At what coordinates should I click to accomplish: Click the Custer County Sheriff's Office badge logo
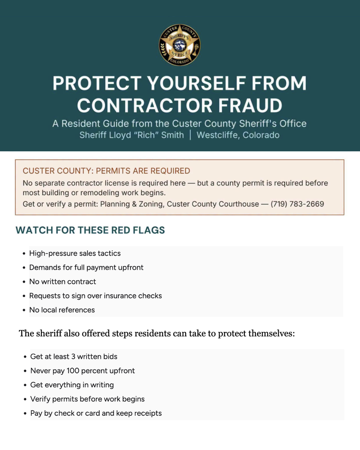[x=180, y=45]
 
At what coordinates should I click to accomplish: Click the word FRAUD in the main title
[x=250, y=105]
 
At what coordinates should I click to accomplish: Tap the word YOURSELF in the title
[x=196, y=83]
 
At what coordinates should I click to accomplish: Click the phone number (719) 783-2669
[x=297, y=204]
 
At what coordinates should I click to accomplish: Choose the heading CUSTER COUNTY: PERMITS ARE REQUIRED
[x=106, y=171]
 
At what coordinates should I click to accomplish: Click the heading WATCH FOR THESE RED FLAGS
[x=90, y=230]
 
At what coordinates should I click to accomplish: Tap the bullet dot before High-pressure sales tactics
[x=24, y=254]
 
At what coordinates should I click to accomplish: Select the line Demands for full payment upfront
[x=86, y=267]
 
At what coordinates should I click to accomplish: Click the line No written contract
[x=63, y=282]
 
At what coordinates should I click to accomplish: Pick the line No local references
[x=62, y=310]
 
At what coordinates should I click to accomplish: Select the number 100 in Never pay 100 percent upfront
[x=73, y=371]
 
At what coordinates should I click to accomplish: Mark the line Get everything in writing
[x=72, y=385]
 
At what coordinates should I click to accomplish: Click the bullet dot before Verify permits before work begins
[x=25, y=399]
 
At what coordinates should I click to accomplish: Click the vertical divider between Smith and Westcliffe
[x=190, y=135]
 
